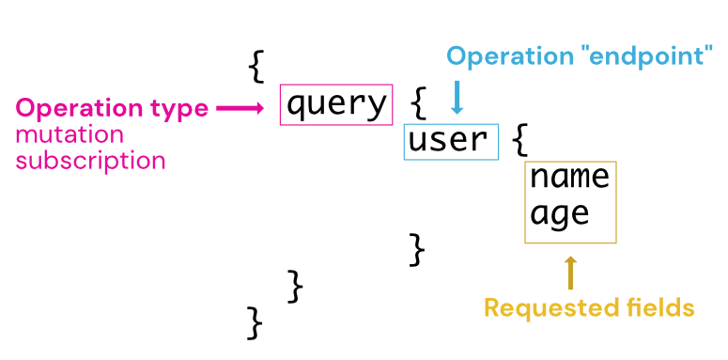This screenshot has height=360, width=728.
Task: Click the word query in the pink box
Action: point(335,104)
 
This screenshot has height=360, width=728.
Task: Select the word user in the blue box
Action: point(448,141)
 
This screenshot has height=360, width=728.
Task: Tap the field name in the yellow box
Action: point(569,176)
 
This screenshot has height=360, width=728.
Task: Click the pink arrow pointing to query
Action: point(240,109)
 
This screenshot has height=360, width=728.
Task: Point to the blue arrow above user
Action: point(457,96)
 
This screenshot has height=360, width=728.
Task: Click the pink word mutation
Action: point(69,135)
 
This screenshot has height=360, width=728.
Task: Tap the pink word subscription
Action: point(90,161)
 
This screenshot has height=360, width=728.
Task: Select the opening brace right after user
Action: point(521,141)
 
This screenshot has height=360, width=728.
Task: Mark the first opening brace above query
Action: point(256,66)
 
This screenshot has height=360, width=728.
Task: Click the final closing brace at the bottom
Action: point(255,322)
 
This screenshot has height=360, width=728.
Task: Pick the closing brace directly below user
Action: point(417,250)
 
